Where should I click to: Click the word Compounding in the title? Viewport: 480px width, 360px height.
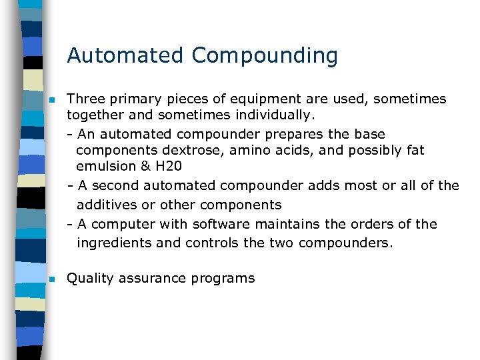pos(265,56)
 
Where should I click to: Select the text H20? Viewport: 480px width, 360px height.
pos(168,166)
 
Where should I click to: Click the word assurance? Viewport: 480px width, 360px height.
pos(152,279)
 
